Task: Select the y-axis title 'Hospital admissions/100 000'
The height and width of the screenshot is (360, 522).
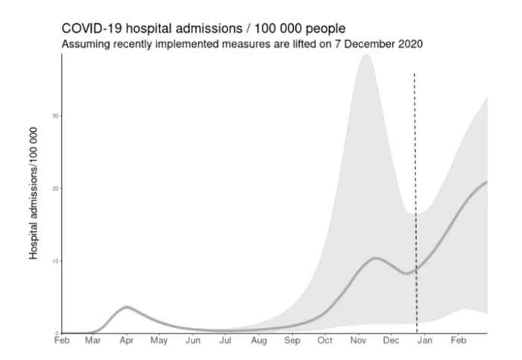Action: click(x=34, y=193)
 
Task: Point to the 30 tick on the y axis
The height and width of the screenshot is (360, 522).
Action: click(x=55, y=116)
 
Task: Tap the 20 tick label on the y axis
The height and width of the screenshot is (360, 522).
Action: click(x=55, y=189)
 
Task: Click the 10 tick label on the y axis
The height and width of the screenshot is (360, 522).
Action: click(x=55, y=261)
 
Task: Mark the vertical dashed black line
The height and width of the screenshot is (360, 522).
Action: click(x=415, y=186)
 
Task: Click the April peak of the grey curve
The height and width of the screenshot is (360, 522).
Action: click(x=127, y=307)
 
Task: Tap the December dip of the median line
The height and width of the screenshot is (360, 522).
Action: click(x=405, y=274)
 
